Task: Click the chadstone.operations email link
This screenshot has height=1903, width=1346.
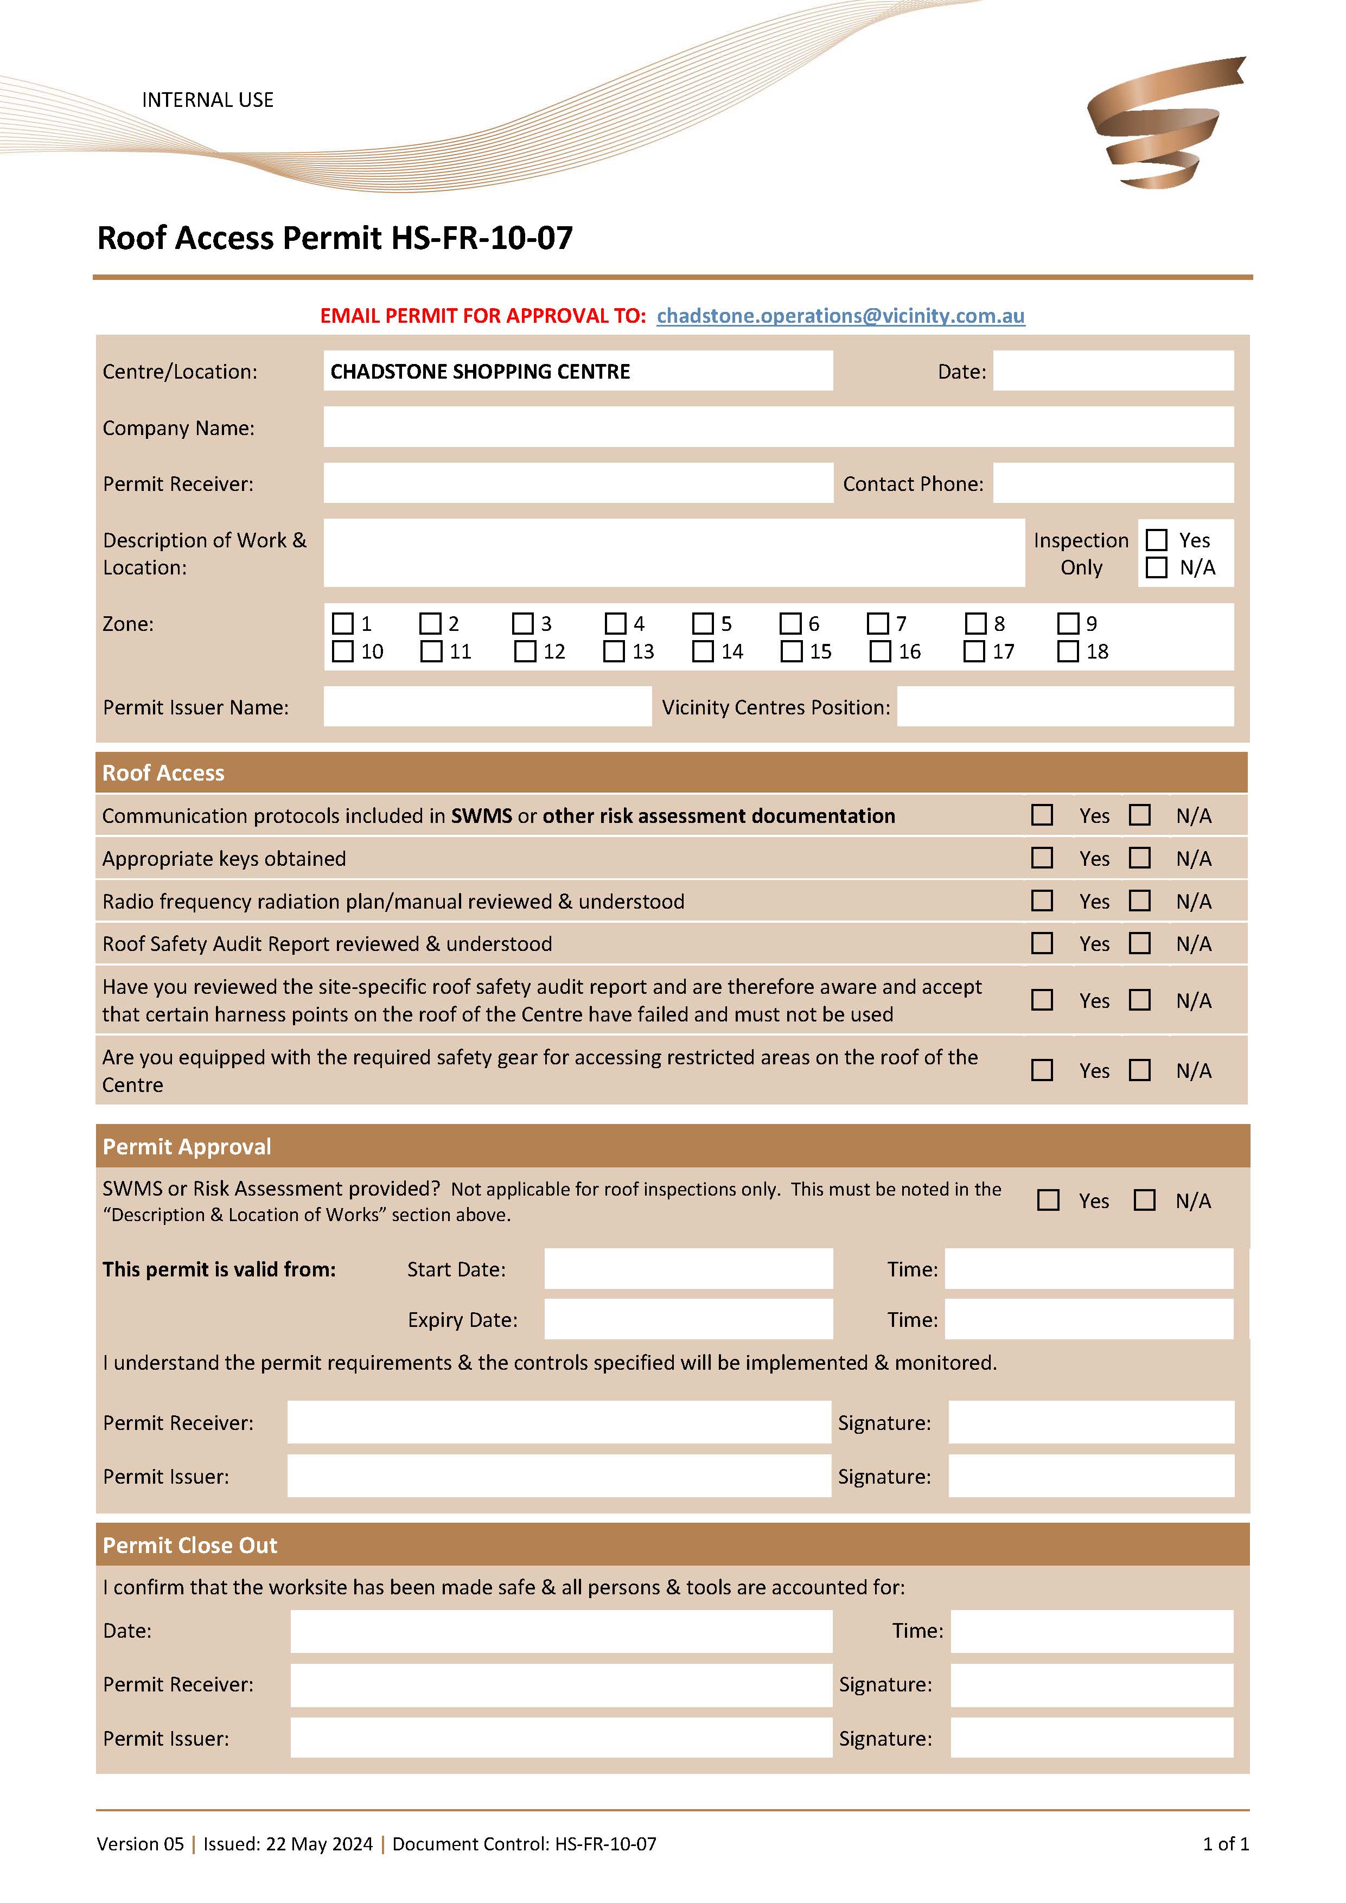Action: coord(840,316)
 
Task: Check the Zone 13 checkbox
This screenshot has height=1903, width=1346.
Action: coord(614,652)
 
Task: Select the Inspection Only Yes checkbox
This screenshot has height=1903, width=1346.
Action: coord(1156,540)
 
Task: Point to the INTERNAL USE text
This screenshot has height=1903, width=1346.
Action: coord(207,100)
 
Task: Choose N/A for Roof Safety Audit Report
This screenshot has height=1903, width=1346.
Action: coord(1140,943)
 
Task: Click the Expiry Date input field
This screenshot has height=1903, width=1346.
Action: coord(688,1319)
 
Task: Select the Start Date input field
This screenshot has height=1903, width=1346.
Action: coord(688,1269)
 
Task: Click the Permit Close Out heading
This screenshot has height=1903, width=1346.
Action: coord(190,1545)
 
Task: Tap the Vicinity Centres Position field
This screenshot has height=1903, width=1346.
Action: coord(1064,707)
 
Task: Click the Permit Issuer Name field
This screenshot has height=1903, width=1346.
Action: coord(487,707)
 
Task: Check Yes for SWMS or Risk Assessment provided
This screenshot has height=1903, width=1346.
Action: coord(1049,1200)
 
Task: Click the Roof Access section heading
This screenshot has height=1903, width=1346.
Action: coord(163,772)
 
